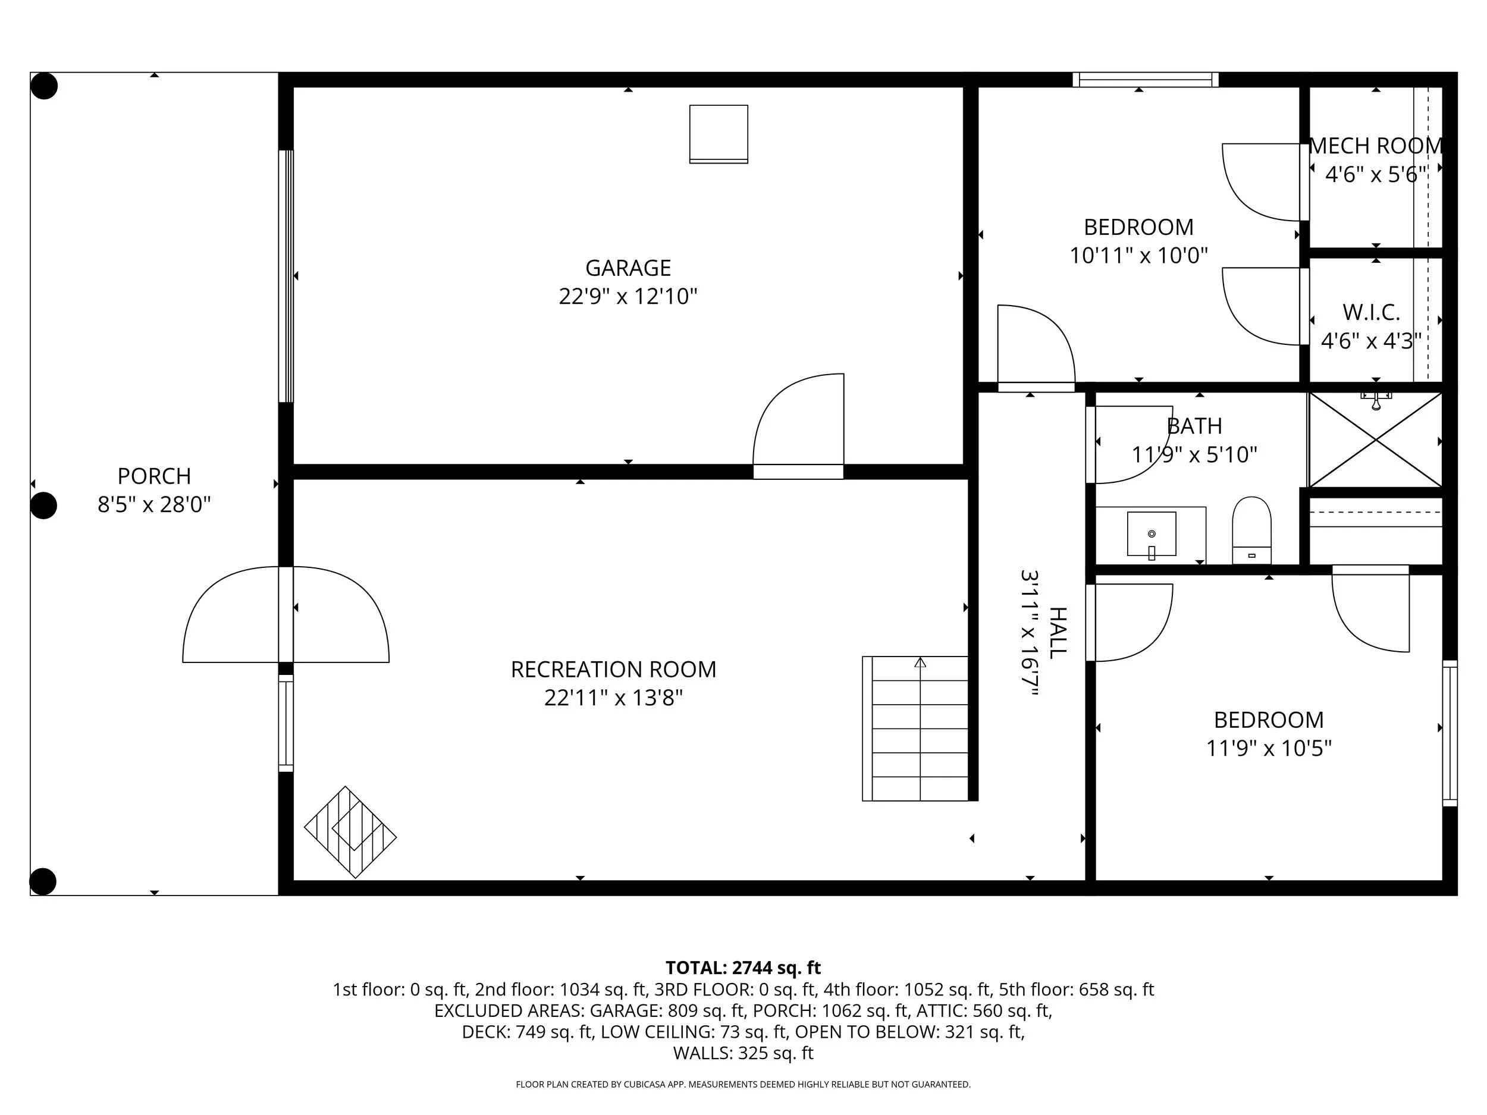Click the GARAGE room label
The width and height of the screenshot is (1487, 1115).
click(x=628, y=268)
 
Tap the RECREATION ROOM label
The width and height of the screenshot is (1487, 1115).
click(x=613, y=670)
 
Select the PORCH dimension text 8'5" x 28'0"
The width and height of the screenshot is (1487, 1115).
click(x=154, y=504)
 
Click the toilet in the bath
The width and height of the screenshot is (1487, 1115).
click(x=1251, y=530)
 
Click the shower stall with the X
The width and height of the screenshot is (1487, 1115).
click(x=1375, y=440)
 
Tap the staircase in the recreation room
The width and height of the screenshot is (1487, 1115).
click(x=915, y=728)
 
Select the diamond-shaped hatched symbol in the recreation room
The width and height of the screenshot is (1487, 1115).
click(x=350, y=832)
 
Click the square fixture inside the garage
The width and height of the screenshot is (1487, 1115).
click(x=718, y=134)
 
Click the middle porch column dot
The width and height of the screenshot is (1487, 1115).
click(x=43, y=505)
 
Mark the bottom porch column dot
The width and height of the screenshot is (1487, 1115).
click(x=43, y=881)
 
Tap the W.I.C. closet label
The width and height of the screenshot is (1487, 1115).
click(x=1372, y=313)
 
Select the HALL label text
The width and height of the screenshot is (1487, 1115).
click(x=1058, y=633)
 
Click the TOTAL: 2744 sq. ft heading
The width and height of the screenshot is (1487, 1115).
click(x=743, y=968)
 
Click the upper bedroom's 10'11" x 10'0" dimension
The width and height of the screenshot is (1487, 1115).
click(x=1139, y=255)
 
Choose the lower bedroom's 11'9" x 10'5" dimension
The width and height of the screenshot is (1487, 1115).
click(x=1269, y=748)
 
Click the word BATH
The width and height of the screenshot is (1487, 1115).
click(x=1194, y=426)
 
